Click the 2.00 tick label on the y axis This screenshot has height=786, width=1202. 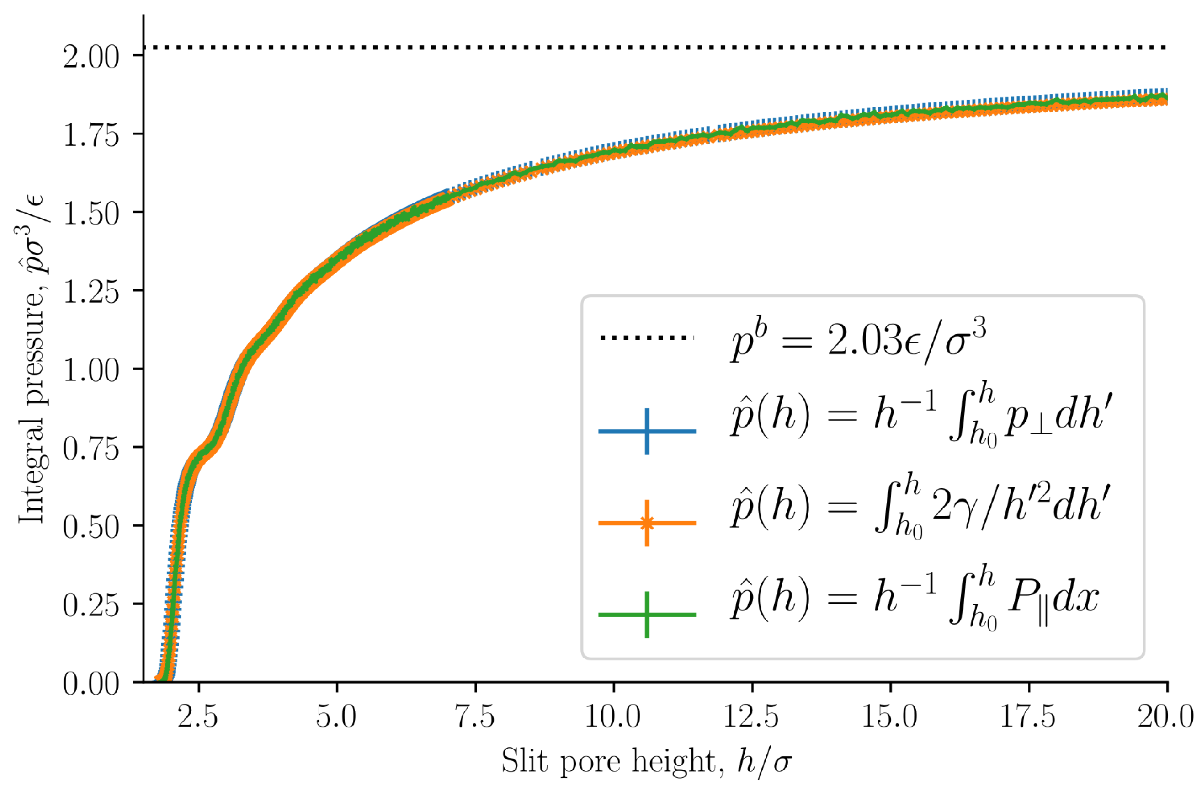pyautogui.click(x=91, y=57)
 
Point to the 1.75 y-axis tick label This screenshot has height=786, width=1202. pyautogui.click(x=91, y=135)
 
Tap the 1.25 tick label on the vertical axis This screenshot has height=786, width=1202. pyautogui.click(x=91, y=292)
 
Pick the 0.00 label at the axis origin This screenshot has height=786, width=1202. pyautogui.click(x=91, y=684)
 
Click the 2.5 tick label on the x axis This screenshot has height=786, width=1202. pyautogui.click(x=197, y=717)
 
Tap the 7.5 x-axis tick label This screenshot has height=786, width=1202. pyautogui.click(x=475, y=717)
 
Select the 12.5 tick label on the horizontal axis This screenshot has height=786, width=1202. pyautogui.click(x=751, y=717)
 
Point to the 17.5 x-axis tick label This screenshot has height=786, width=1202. pyautogui.click(x=1028, y=717)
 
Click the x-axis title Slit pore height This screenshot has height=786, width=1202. pyautogui.click(x=646, y=761)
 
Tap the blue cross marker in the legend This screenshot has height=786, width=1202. pyautogui.click(x=647, y=431)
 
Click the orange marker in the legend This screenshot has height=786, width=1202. pyautogui.click(x=647, y=524)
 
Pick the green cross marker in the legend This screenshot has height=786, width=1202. pyautogui.click(x=647, y=615)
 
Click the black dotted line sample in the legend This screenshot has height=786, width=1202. pyautogui.click(x=647, y=337)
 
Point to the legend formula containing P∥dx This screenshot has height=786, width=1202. pyautogui.click(x=914, y=599)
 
